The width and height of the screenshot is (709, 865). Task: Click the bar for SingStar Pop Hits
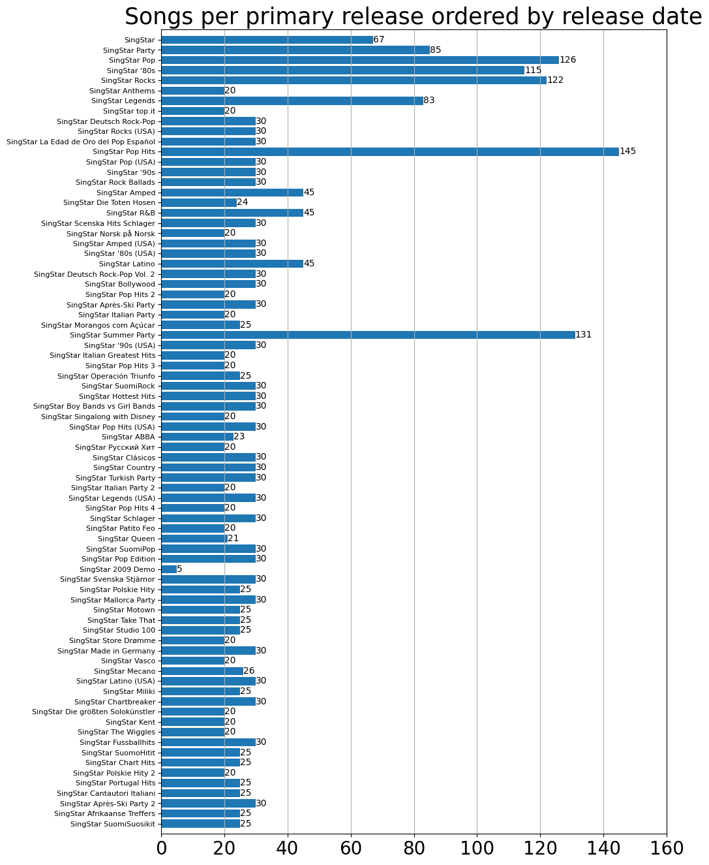tap(389, 151)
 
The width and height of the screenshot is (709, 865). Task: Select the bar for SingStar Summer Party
tap(368, 335)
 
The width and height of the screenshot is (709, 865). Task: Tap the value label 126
tap(567, 60)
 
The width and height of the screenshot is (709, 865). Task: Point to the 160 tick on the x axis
tap(667, 848)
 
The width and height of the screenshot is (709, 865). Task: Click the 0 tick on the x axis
tap(162, 848)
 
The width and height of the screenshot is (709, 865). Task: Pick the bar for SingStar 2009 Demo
tap(169, 569)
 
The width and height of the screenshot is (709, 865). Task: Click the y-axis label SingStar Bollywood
tap(120, 284)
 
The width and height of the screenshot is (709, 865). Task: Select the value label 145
tap(627, 151)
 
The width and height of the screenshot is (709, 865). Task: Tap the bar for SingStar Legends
tap(292, 101)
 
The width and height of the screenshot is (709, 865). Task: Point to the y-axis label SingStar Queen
tap(127, 539)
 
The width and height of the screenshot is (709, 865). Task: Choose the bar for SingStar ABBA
tap(197, 437)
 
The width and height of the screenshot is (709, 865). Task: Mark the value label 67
tap(379, 40)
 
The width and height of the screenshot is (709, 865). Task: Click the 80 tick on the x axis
tap(414, 848)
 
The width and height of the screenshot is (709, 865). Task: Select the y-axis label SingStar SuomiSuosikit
tap(113, 824)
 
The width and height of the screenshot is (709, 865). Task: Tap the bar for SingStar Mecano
tap(202, 671)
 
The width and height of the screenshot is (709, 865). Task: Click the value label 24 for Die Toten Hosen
tap(243, 202)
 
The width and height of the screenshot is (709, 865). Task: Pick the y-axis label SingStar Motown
tap(124, 610)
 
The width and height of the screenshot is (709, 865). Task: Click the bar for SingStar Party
tap(295, 50)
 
